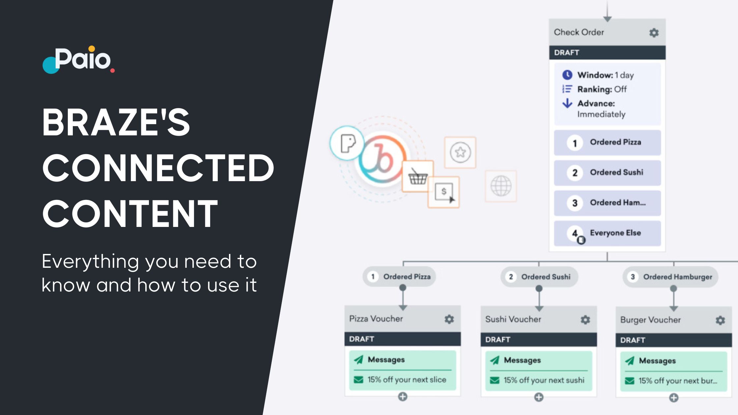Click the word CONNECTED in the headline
point(158,168)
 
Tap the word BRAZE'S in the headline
point(116,123)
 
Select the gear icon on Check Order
point(654,33)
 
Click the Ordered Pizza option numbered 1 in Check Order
point(607,143)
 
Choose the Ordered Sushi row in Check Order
point(607,173)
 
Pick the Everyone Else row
point(607,233)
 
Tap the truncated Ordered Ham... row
point(607,203)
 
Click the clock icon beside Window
point(567,75)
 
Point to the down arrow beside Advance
point(567,103)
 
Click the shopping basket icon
point(418,177)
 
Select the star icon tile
point(460,152)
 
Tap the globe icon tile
point(501,186)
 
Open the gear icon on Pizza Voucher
point(449,319)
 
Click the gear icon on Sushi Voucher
point(585,319)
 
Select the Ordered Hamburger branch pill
point(670,277)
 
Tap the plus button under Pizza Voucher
point(403,397)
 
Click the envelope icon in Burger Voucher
point(630,381)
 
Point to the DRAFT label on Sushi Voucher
point(497,340)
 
